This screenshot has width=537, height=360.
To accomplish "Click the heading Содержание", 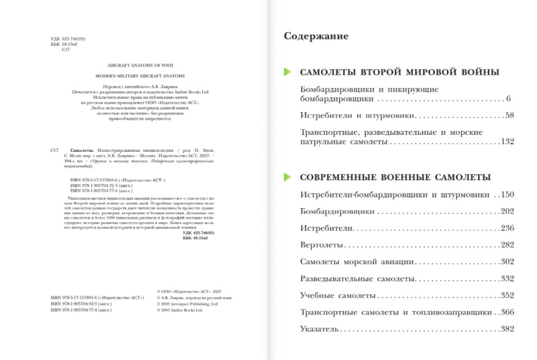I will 316,36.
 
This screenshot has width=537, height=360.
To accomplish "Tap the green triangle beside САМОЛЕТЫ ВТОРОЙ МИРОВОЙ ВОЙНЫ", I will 288,72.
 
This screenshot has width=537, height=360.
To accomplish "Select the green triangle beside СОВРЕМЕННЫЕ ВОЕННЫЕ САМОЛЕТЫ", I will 288,177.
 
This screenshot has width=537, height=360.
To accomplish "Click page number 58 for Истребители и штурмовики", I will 509,116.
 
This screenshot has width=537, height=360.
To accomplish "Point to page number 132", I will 507,142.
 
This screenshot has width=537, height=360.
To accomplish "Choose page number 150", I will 507,195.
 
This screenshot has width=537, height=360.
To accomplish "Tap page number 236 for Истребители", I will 507,228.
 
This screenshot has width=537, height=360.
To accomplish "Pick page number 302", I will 507,261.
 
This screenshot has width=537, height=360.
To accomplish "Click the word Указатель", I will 320,328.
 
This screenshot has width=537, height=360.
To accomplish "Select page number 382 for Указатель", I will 507,328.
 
